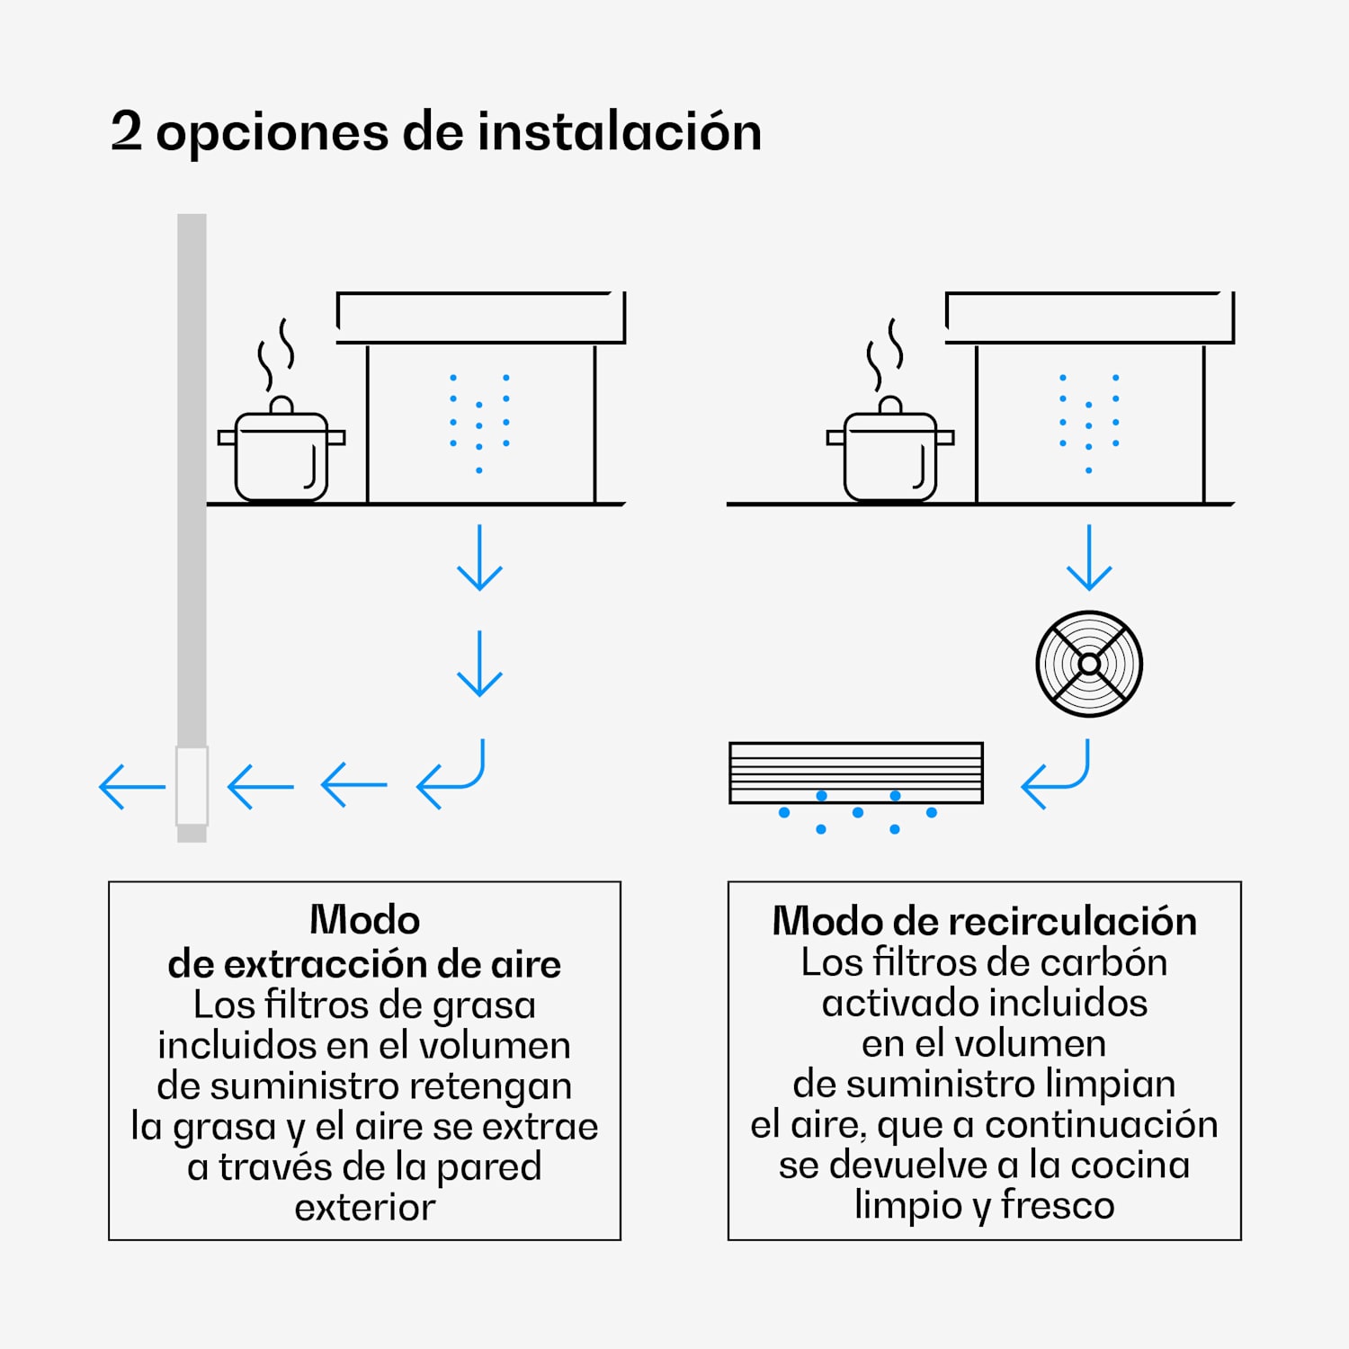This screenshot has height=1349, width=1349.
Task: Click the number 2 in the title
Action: tap(126, 131)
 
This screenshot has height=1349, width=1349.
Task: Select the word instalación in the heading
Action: tap(619, 131)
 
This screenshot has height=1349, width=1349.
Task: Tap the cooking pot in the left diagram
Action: tap(281, 454)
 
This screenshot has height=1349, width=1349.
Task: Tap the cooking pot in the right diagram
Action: tap(890, 454)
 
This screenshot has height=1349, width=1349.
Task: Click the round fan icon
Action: tap(1089, 664)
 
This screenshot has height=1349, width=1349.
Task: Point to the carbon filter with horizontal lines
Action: tap(856, 773)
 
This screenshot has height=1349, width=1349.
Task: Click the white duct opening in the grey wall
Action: tap(192, 785)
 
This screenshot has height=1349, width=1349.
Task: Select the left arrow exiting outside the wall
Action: tap(131, 787)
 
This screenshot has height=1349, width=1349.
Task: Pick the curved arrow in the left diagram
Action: tap(452, 775)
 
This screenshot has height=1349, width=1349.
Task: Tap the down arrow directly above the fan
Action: tap(1089, 558)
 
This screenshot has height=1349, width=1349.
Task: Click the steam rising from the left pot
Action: tap(276, 353)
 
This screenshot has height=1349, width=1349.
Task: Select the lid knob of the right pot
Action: tap(890, 405)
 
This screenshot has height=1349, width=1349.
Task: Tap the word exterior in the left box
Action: tap(364, 1208)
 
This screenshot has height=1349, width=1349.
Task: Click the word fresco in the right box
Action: tap(1058, 1205)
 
